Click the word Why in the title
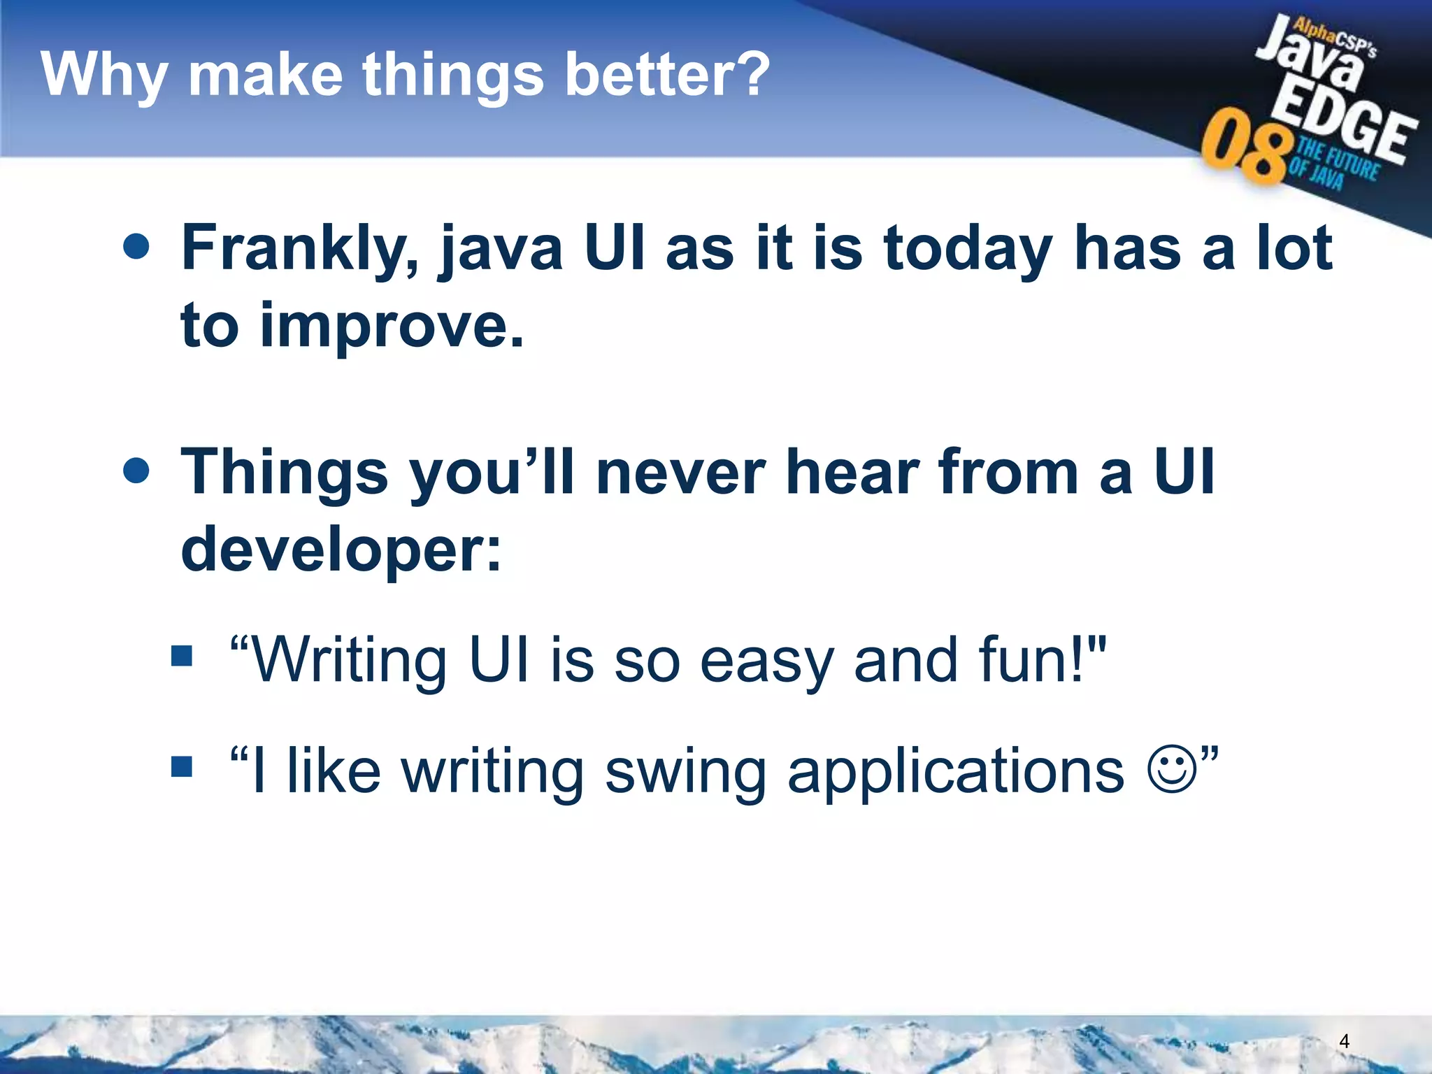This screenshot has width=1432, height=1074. (x=103, y=76)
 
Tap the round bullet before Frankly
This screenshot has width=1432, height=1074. (x=136, y=247)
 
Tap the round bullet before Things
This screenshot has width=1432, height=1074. (x=136, y=471)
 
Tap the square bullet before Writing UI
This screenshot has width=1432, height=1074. (x=182, y=656)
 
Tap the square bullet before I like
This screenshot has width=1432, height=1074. (x=182, y=766)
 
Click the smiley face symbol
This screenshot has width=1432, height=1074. (x=1173, y=770)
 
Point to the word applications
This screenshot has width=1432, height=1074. (x=955, y=773)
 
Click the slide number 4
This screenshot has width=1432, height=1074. (x=1344, y=1041)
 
